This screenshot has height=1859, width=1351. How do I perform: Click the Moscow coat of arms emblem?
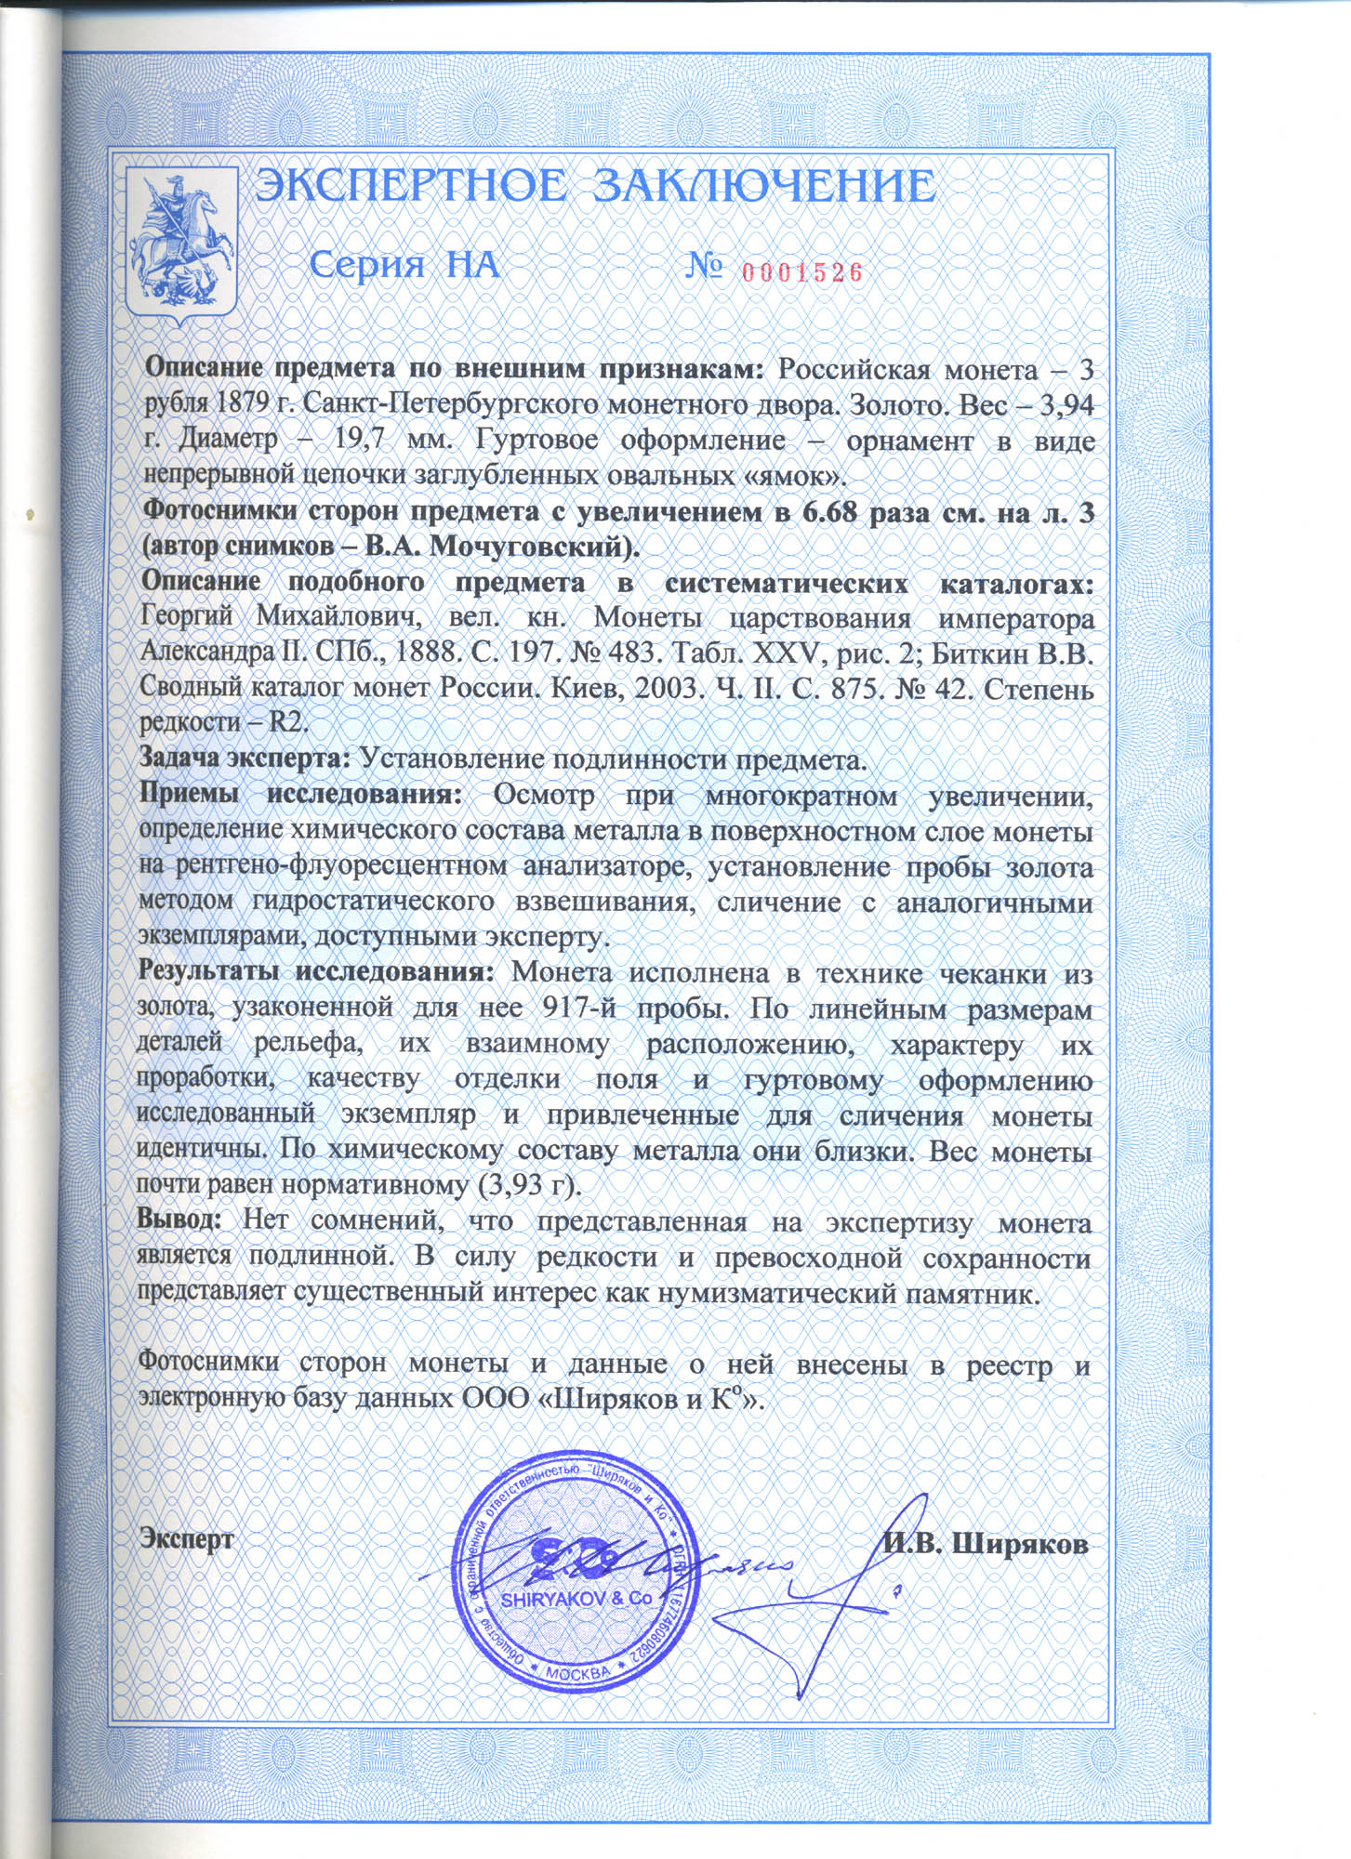pyautogui.click(x=183, y=246)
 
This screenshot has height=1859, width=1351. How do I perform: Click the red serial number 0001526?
pyautogui.click(x=802, y=271)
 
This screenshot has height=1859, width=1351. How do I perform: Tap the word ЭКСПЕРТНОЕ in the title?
pyautogui.click(x=410, y=187)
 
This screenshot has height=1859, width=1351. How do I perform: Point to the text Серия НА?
pyautogui.click(x=404, y=267)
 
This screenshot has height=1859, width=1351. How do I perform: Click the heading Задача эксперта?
pyautogui.click(x=245, y=758)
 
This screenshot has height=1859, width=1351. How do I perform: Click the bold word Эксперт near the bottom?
pyautogui.click(x=186, y=1537)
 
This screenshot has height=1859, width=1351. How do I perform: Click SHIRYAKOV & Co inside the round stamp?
pyautogui.click(x=576, y=1600)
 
